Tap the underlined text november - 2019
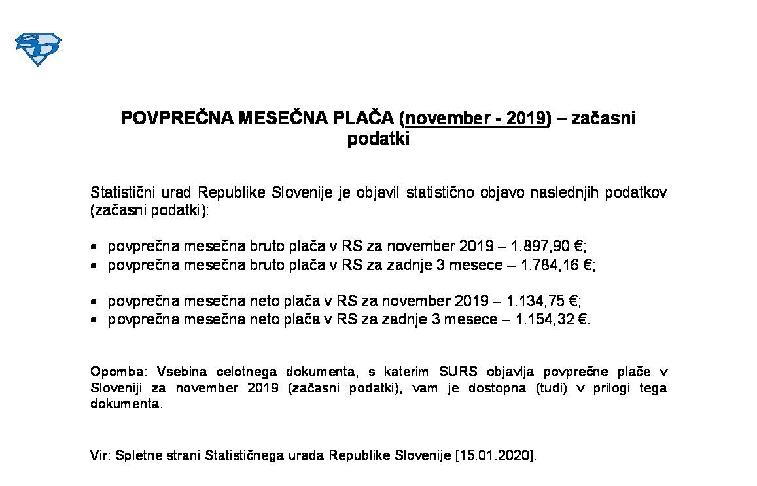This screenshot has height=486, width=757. tap(476, 118)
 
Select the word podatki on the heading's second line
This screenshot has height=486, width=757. tap(378, 139)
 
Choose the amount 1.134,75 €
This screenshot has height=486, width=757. tap(543, 302)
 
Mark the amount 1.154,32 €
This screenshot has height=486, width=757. tap(548, 321)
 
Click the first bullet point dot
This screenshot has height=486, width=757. tap(95, 247)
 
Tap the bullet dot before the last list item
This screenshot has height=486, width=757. tap(95, 321)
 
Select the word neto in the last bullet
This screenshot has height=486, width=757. tap(262, 321)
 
